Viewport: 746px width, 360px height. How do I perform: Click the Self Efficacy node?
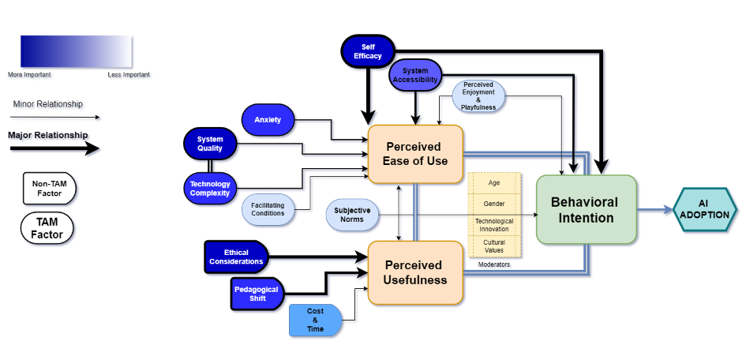pos(368,51)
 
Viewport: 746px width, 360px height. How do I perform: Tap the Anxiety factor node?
pos(267,119)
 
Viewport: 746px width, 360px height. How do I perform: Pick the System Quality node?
pos(209,143)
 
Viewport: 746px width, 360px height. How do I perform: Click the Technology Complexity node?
pos(209,188)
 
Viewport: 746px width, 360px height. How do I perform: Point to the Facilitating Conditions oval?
pos(268,209)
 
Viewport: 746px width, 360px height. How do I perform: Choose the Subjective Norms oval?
pos(353,215)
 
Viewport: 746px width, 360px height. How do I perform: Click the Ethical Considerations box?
pos(236,257)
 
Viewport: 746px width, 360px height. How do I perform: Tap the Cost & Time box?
pos(315,319)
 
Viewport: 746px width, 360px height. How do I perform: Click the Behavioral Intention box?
pos(586,209)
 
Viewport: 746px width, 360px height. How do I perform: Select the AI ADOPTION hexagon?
pos(705,209)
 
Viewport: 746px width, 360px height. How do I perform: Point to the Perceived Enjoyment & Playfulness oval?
pos(478,95)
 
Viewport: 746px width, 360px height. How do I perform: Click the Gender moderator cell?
pos(495,204)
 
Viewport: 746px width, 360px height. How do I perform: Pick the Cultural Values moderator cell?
pos(495,246)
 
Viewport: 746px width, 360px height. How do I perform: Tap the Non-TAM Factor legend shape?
pos(48,187)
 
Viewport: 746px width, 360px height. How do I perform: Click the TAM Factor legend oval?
pos(47,227)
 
